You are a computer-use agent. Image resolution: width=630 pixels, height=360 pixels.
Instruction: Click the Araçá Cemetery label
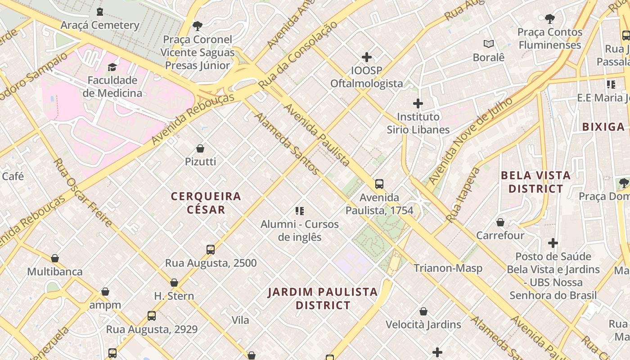pos(100,25)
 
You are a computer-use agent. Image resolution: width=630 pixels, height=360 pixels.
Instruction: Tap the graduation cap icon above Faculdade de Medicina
pos(112,67)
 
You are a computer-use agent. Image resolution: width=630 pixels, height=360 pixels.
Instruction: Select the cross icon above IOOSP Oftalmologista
pos(367,57)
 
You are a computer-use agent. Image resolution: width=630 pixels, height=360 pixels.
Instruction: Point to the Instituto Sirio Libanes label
pos(418,123)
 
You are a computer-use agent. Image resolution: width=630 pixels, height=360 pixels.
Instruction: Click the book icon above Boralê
pos(489,44)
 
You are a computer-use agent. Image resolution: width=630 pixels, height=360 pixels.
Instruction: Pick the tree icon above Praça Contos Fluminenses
pos(549,19)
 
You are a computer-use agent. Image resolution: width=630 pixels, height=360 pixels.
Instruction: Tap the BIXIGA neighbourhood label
pos(603,127)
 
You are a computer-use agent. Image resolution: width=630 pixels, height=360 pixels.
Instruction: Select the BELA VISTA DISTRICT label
pos(535,182)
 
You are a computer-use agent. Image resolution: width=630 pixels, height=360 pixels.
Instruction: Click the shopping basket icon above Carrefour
pos(500,222)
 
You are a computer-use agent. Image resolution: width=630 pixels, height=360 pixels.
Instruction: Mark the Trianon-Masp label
pos(448,268)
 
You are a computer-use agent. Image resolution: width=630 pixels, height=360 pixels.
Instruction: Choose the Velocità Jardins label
pos(423,324)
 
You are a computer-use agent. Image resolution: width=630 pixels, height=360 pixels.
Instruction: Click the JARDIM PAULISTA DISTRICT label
pos(323,298)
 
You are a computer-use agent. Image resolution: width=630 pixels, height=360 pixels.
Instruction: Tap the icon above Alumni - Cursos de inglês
pos(300,211)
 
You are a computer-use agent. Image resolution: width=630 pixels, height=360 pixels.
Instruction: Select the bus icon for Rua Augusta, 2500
pos(210,250)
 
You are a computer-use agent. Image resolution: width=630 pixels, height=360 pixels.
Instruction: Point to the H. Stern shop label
pos(174,296)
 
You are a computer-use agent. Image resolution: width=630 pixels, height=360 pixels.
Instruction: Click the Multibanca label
pos(55,272)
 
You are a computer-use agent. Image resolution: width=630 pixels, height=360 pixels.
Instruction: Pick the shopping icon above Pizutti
pos(200,148)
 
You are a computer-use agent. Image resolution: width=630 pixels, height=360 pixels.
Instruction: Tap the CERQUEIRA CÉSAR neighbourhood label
pos(206,203)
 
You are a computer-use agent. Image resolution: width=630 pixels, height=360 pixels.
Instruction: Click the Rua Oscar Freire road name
pos(83,192)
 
